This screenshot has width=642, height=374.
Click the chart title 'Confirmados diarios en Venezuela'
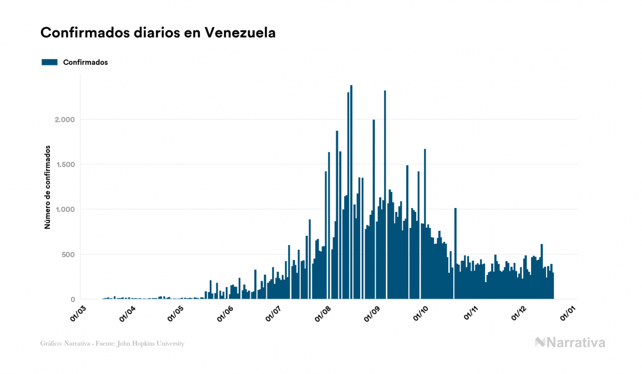158,33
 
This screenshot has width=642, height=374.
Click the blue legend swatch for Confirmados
49,62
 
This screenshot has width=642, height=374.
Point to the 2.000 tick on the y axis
65,120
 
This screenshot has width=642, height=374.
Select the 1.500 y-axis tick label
65,165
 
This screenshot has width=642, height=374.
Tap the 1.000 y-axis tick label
65,210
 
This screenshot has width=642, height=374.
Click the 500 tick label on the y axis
68,255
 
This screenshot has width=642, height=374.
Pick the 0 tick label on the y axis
72,300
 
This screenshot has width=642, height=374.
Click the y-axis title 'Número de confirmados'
48,188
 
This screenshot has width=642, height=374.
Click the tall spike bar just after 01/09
385,194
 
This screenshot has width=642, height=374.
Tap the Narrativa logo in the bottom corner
570,342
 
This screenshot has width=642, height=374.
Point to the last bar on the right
553,286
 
